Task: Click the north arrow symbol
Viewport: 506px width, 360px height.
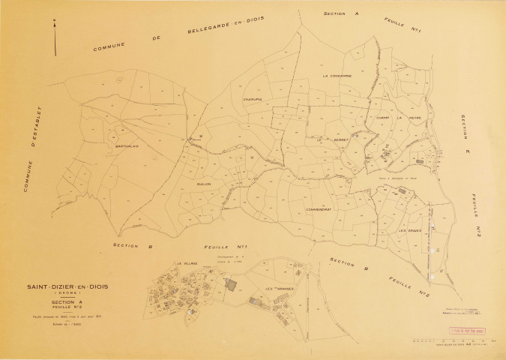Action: click(x=56, y=39)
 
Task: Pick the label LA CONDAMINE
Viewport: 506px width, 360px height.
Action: click(x=337, y=76)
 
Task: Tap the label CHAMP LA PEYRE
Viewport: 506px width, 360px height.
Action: click(x=390, y=118)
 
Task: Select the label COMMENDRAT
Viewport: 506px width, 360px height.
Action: click(x=324, y=209)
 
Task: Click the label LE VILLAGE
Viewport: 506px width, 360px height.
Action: click(x=187, y=264)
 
